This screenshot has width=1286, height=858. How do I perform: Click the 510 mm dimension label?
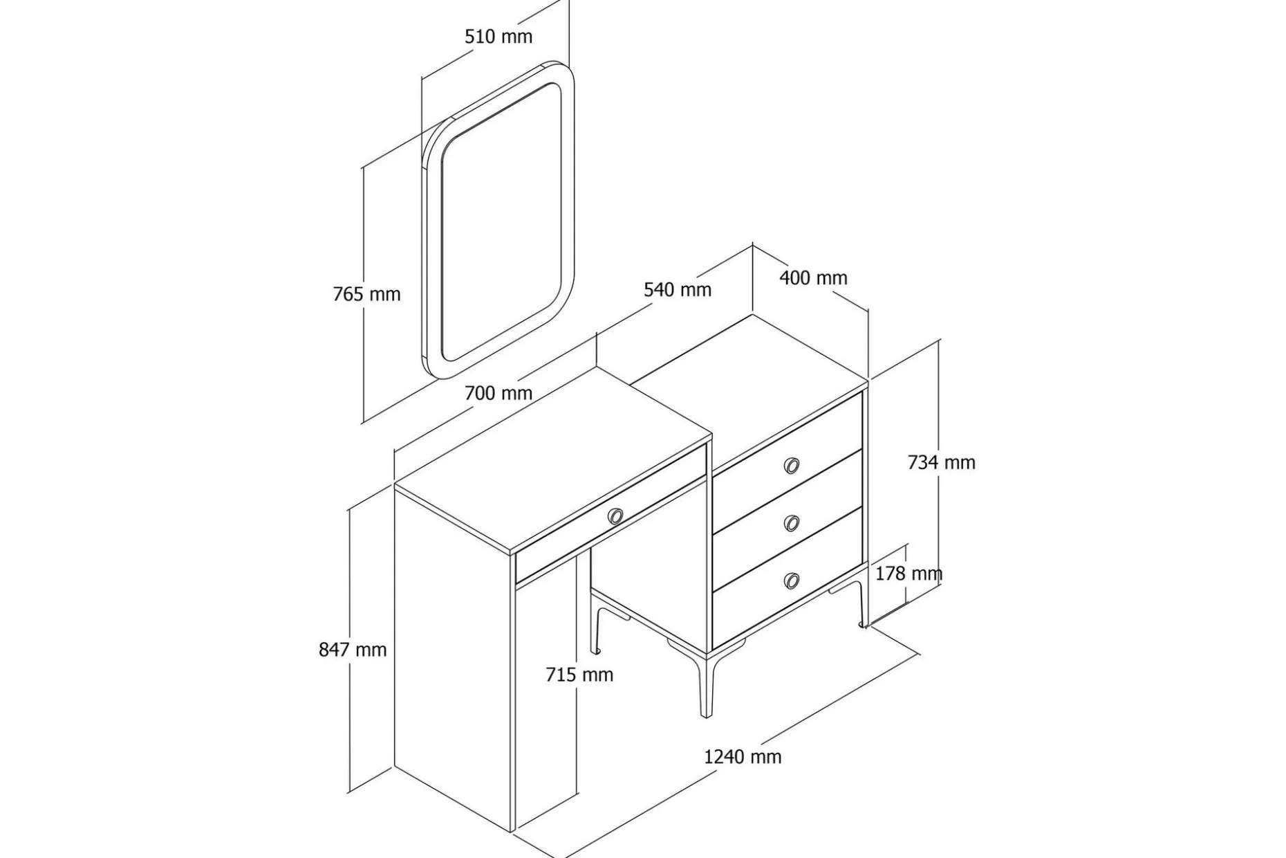tap(498, 36)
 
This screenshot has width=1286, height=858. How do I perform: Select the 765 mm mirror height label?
tap(366, 294)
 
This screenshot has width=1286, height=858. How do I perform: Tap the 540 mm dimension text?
tap(678, 289)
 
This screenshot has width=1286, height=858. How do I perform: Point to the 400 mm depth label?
tap(813, 277)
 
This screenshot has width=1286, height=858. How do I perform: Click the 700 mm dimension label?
tap(498, 393)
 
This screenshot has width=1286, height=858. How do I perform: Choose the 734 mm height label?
tap(941, 462)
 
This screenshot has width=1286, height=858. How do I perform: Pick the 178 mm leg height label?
tap(908, 574)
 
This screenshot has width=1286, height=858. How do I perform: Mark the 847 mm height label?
tap(353, 650)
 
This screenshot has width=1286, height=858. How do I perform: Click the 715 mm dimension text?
tap(579, 675)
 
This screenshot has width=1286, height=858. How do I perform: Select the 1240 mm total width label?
tap(743, 757)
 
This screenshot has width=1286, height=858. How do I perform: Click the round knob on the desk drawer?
tap(615, 516)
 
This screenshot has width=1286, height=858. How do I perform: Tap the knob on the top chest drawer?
tap(792, 466)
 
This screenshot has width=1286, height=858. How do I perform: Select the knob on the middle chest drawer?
tap(792, 523)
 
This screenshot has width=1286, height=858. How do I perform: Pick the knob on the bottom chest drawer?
tap(792, 581)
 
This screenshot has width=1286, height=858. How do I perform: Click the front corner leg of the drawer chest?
tap(706, 685)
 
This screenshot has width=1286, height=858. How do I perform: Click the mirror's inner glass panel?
tap(501, 221)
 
